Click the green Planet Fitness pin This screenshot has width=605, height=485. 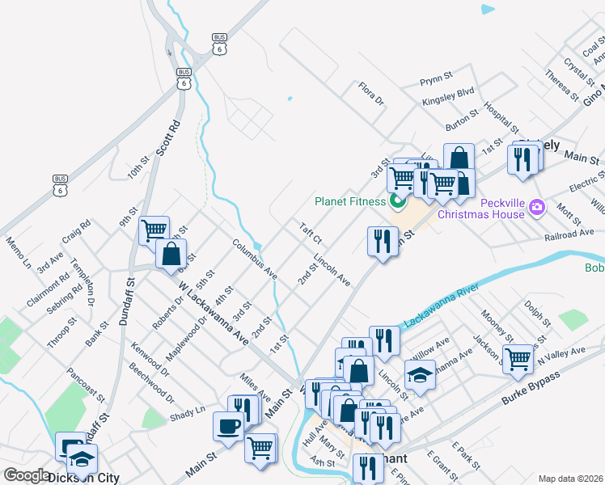[x=396, y=201]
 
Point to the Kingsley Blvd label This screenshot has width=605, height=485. [x=447, y=103]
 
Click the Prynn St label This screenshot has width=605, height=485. [x=438, y=82]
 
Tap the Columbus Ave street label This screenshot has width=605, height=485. [x=255, y=259]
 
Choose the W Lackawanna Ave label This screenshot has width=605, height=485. [x=213, y=312]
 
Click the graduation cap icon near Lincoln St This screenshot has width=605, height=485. [x=420, y=375]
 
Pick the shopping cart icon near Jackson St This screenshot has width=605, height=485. [x=518, y=357]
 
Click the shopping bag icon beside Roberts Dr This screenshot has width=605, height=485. [x=171, y=253]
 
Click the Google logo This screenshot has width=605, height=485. [x=27, y=475]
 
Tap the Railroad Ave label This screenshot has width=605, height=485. [x=570, y=234]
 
